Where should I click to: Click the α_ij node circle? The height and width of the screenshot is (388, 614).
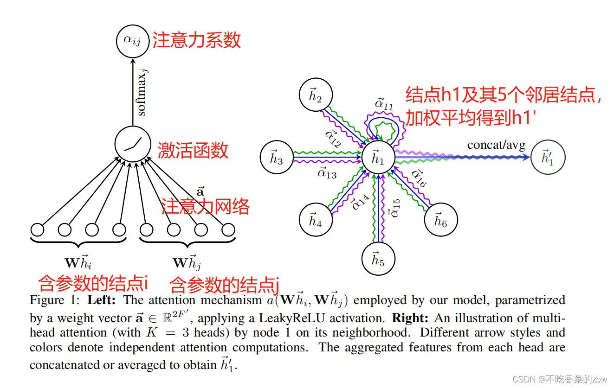[133, 40]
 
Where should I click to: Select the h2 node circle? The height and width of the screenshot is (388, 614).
[315, 95]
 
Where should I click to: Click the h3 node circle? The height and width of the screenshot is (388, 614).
[277, 158]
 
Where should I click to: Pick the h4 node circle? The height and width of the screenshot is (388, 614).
[315, 220]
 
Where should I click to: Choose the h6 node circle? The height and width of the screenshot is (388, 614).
[441, 220]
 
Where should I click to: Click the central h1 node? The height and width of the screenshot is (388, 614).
[378, 158]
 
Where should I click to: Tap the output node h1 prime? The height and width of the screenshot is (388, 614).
[548, 158]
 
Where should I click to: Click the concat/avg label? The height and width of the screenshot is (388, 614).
[496, 145]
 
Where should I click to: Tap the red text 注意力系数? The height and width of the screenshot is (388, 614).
[197, 40]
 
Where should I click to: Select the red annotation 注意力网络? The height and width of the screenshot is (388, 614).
[206, 206]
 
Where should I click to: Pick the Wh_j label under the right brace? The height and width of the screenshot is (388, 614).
[187, 262]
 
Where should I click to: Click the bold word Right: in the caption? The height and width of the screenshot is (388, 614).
[410, 318]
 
